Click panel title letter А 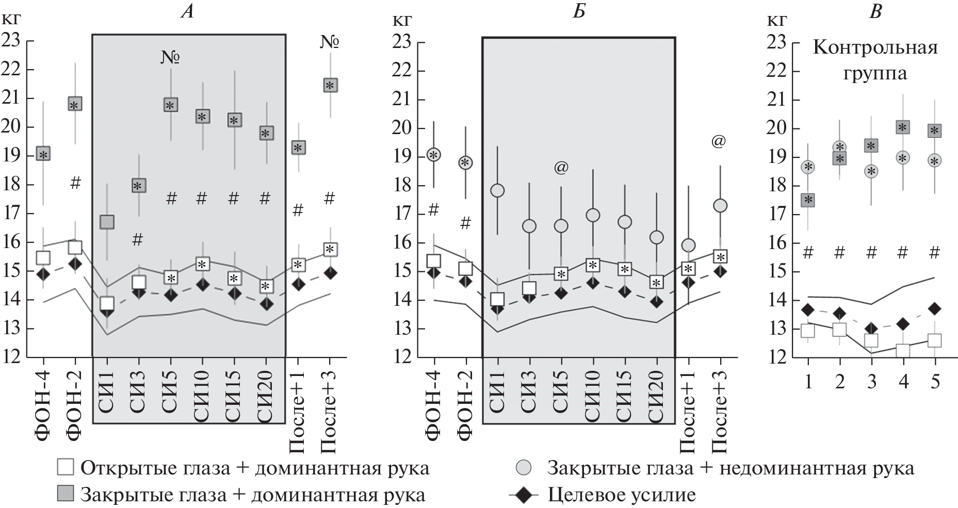[x=187, y=11]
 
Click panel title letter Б [x=578, y=11]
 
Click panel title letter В [x=875, y=11]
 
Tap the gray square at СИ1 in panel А [x=107, y=222]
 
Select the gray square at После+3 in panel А [x=330, y=85]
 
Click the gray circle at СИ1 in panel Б [x=497, y=190]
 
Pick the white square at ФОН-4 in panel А [x=43, y=258]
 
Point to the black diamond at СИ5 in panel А [x=171, y=296]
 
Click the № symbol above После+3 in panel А [x=330, y=42]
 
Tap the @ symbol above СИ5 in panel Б [x=561, y=168]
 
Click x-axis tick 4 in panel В [x=903, y=381]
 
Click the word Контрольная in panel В [x=875, y=48]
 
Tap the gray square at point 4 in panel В [x=903, y=127]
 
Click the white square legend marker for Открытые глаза [x=66, y=468]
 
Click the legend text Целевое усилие [x=621, y=496]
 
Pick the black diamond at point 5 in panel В [x=934, y=309]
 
